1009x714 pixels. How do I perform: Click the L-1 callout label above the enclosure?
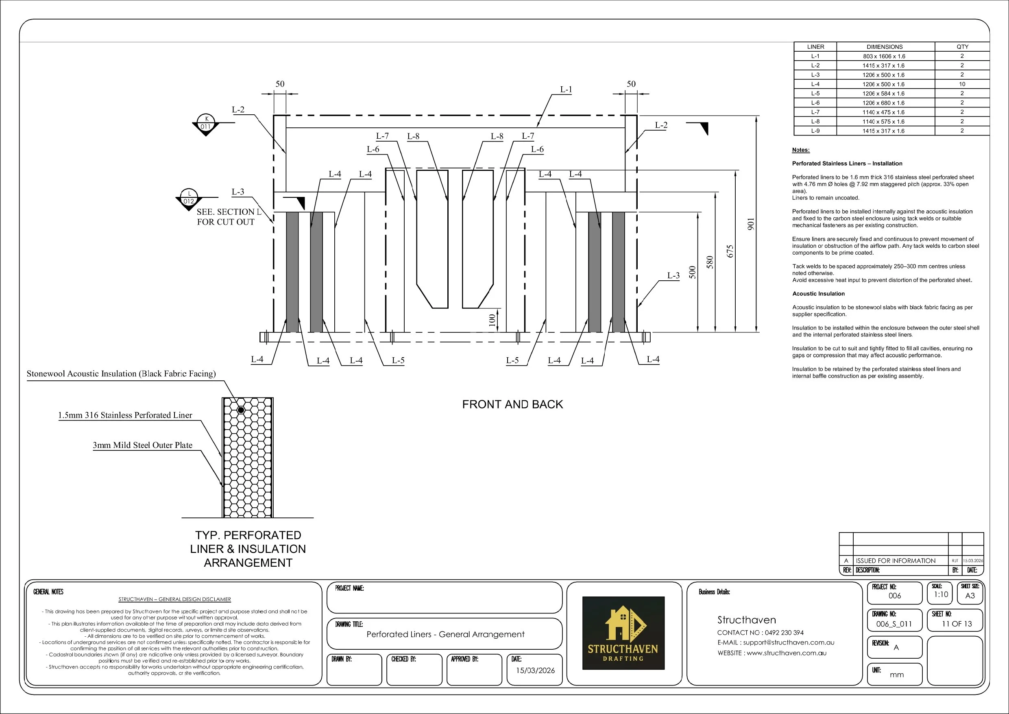coord(566,90)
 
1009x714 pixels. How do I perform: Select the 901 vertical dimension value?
coord(751,224)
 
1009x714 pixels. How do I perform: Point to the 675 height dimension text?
coord(730,251)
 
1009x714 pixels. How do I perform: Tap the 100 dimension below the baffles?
coord(492,320)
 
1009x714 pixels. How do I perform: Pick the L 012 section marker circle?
coord(189,197)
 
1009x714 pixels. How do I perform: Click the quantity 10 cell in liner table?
coord(962,84)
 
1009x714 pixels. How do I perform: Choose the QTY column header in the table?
coord(962,47)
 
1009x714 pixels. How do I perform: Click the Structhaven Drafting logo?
coord(623,633)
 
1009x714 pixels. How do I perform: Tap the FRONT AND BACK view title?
coord(512,404)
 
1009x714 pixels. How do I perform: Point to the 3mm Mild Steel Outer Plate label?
coord(142,445)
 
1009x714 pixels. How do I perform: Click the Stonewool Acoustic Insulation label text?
coord(121,374)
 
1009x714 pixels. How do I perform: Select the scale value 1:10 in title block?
coord(941,594)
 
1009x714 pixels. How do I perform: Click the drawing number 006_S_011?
coord(894,624)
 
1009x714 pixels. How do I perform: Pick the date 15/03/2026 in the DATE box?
coord(535,670)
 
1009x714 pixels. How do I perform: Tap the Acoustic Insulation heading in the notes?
coord(818,294)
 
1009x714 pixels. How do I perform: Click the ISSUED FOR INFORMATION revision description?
coord(896,561)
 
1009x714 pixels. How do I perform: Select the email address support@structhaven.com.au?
coord(789,642)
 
